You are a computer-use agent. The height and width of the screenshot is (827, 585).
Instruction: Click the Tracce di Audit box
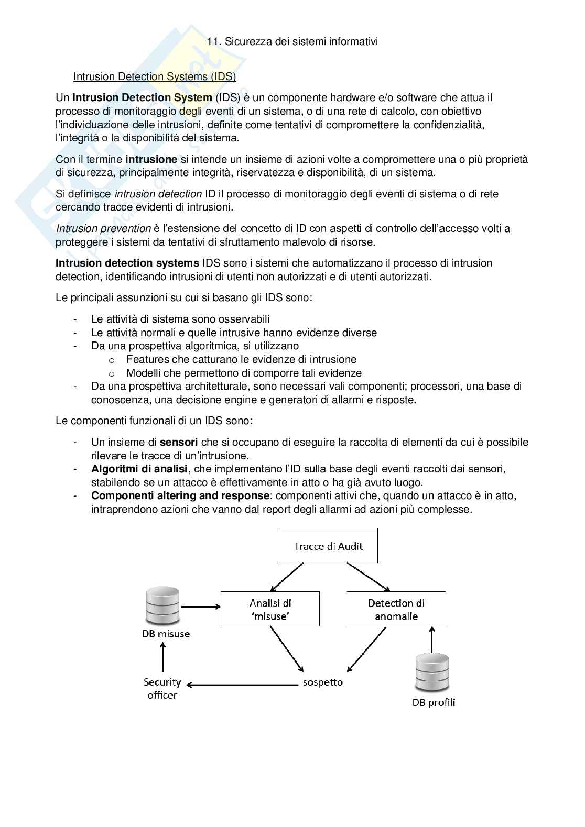pos(328,546)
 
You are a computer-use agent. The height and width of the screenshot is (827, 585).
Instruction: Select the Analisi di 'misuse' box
pos(270,609)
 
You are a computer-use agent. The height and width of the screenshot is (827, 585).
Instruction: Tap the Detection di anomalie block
pos(396,609)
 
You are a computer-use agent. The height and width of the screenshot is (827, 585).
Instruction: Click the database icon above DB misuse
pos(163,607)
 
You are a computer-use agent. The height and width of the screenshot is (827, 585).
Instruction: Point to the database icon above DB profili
pos(432,673)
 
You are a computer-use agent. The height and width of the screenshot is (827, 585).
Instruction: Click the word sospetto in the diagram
pos(323,682)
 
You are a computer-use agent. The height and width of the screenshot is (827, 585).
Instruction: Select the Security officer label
pos(162,689)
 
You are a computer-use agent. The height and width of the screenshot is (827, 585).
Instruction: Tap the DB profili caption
pos(434,703)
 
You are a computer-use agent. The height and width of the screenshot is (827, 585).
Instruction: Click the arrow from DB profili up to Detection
pos(432,640)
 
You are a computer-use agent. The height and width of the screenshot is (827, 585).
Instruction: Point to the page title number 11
pos(212,41)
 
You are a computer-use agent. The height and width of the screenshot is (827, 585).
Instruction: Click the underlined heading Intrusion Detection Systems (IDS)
pos(155,77)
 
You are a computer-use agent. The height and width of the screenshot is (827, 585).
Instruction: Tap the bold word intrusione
pos(151,159)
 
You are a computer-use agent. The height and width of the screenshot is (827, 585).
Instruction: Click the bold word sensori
pos(179,442)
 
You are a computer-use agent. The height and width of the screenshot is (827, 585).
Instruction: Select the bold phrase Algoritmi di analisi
pos(139,469)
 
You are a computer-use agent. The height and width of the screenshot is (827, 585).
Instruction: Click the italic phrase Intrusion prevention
pos(103,228)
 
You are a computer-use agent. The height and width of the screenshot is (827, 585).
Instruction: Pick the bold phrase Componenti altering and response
pos(180,495)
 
